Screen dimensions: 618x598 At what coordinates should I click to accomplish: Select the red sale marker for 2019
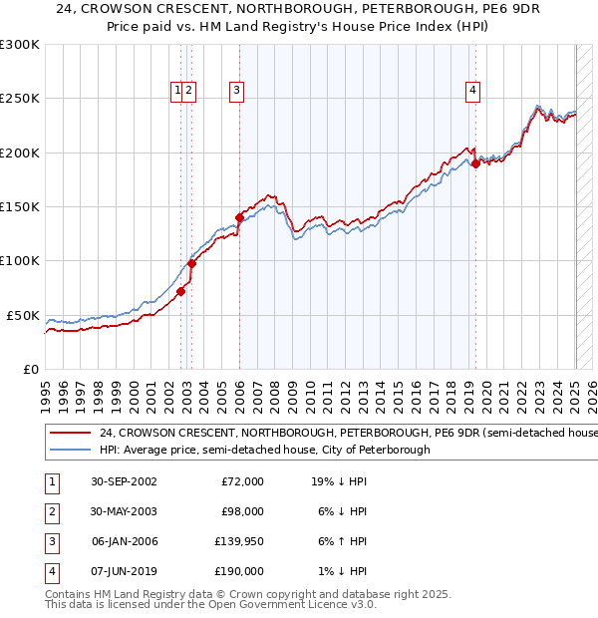pyautogui.click(x=475, y=164)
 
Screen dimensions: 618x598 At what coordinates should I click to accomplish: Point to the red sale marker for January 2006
pyautogui.click(x=239, y=217)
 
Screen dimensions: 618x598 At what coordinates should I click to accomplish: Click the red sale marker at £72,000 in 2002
pyautogui.click(x=181, y=292)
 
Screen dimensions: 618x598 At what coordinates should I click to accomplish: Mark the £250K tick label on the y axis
pyautogui.click(x=19, y=99)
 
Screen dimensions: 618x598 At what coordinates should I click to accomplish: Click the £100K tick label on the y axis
pyautogui.click(x=19, y=261)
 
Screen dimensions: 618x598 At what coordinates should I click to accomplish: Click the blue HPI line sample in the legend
pyautogui.click(x=70, y=451)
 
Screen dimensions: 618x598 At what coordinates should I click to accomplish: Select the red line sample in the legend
pyautogui.click(x=70, y=434)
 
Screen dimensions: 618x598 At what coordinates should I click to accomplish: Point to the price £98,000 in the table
pyautogui.click(x=242, y=511)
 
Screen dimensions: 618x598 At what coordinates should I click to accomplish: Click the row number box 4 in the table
pyautogui.click(x=51, y=571)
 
